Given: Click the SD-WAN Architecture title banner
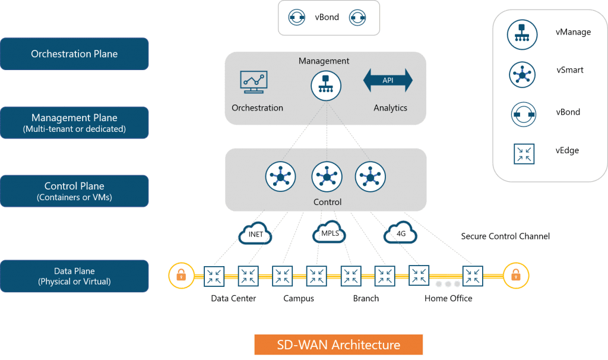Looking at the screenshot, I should [x=338, y=345].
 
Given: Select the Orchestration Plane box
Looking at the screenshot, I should [x=74, y=54].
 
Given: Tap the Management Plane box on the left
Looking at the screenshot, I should [x=74, y=122].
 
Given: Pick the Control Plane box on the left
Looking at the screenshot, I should [x=74, y=191].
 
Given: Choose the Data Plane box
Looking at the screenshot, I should [x=74, y=276].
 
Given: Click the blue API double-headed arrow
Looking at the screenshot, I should [x=388, y=80].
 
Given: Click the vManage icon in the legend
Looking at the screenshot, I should [x=522, y=33].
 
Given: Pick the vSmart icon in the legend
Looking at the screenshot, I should [x=522, y=74].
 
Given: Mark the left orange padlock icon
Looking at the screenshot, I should [x=181, y=276].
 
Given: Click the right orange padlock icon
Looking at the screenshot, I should [x=515, y=276].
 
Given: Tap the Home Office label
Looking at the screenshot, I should [x=448, y=298].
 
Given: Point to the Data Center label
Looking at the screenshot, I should [x=233, y=298].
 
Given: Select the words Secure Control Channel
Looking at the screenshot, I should [x=505, y=236].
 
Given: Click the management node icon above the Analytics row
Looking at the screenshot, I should [x=326, y=86].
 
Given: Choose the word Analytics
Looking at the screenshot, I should [x=390, y=108].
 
